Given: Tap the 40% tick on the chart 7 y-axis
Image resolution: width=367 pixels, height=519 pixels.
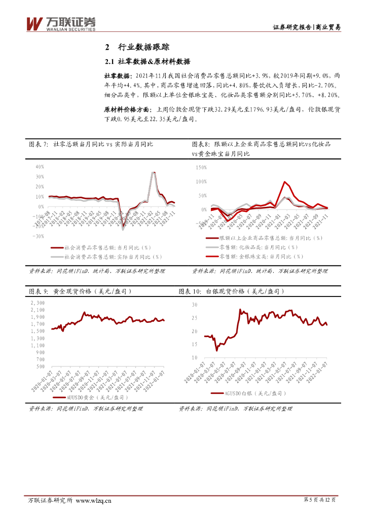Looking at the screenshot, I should pyautogui.click(x=39, y=167).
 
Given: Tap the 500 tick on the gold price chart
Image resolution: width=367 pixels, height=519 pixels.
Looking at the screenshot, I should pyautogui.click(x=41, y=366).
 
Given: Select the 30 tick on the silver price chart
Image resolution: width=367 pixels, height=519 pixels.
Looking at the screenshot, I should pyautogui.click(x=194, y=305).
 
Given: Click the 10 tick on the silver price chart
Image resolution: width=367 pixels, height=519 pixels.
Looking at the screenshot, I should pyautogui.click(x=194, y=358).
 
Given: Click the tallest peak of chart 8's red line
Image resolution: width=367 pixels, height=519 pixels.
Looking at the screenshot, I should pyautogui.click(x=285, y=181).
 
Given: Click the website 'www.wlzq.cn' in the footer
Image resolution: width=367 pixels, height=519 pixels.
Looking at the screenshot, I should pyautogui.click(x=94, y=501).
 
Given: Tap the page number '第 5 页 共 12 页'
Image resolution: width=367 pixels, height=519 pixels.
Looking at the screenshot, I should pyautogui.click(x=319, y=501).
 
